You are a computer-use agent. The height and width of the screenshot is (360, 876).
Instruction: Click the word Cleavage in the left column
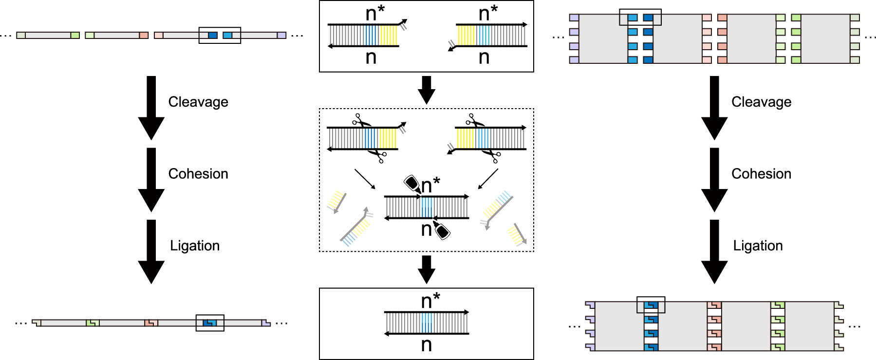point(198,102)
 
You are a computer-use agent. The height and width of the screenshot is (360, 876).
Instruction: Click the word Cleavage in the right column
point(761,102)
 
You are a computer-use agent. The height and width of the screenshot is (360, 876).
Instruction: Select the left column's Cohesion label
point(198,174)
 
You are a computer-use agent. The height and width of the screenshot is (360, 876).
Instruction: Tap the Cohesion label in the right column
point(761,174)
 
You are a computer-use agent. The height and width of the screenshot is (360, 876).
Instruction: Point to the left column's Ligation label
point(195,246)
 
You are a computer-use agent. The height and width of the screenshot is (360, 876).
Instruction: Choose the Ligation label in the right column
point(758,246)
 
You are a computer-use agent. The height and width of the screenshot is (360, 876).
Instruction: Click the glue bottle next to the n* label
point(412,183)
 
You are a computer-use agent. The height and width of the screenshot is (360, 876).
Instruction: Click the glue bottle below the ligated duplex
point(442,230)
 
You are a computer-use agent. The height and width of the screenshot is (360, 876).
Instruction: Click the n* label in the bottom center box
point(430,301)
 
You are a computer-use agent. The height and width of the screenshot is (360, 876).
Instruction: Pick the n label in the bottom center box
point(426,345)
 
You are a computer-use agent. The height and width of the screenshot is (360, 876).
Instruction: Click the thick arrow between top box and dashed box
point(427,90)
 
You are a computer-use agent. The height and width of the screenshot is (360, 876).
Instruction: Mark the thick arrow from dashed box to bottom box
point(427,269)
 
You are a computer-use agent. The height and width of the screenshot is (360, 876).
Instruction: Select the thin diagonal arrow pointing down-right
point(365,179)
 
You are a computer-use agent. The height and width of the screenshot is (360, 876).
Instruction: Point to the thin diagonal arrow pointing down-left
point(488,179)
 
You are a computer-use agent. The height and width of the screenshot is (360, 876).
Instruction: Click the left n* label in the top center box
point(375,13)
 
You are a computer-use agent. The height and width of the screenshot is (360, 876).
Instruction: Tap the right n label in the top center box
point(484,57)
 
